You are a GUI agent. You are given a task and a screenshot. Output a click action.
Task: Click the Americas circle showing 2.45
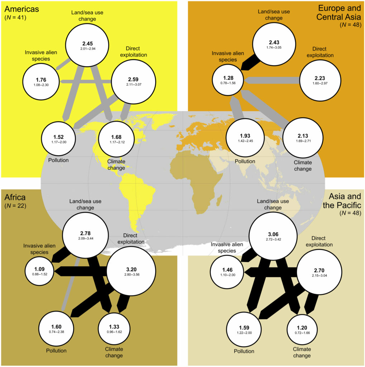point(87,45)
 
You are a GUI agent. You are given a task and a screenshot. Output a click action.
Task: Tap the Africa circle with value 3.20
point(131,271)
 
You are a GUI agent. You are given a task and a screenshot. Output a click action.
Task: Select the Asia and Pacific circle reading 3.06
point(273,236)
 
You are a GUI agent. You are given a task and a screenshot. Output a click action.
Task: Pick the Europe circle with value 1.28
point(228,80)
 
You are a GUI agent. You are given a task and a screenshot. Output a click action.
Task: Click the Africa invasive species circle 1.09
point(39,271)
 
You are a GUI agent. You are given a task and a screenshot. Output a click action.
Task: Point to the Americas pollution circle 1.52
point(58,139)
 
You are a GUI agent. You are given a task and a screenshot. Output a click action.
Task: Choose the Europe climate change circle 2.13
point(303,138)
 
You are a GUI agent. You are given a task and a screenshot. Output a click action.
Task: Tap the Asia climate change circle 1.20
point(302,330)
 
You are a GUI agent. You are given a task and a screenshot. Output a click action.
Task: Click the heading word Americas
point(21,9)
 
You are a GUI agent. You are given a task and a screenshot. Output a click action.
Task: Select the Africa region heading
point(15,197)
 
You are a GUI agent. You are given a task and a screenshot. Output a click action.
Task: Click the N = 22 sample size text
point(15,206)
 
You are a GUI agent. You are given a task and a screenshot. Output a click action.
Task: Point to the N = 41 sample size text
point(15,17)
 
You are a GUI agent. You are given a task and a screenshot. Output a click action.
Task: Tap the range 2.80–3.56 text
point(132,275)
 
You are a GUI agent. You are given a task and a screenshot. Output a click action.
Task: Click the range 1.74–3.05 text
point(274,48)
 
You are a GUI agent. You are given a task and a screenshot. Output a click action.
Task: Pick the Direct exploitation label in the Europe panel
point(320,52)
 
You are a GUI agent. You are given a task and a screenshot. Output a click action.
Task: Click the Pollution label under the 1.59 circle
point(244,351)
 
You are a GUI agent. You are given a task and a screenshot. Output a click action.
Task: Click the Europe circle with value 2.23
point(320,80)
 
